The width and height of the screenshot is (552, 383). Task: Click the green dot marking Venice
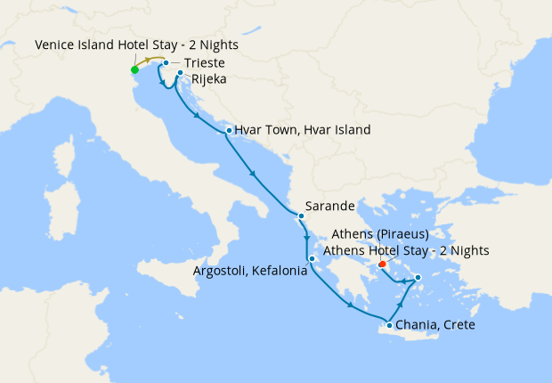click(134, 69)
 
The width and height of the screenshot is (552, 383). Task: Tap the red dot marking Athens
click(382, 264)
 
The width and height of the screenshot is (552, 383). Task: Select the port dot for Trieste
click(166, 63)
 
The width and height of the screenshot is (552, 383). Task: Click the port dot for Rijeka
click(180, 74)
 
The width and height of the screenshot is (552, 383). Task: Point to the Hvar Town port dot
click(229, 131)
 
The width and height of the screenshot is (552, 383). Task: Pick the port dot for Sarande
click(301, 216)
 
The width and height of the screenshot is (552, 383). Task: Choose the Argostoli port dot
click(312, 259)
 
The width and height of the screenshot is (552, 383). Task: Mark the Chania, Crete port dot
click(389, 325)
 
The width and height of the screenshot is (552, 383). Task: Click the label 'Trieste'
click(204, 63)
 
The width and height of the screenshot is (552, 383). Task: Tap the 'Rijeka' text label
click(210, 79)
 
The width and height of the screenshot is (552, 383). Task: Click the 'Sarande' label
click(330, 206)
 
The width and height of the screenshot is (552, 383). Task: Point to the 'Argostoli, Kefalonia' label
click(250, 270)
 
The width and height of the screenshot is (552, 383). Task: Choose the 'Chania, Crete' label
click(435, 325)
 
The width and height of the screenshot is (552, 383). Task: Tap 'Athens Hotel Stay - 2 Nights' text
click(406, 250)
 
